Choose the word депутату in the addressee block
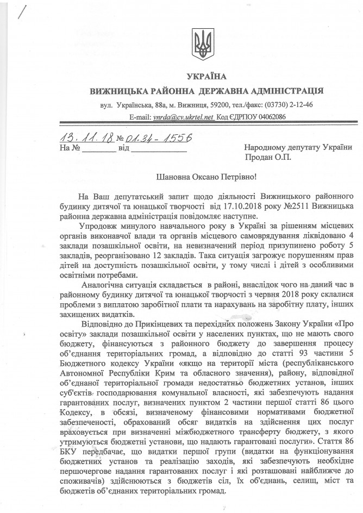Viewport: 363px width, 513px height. click(x=304, y=147)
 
